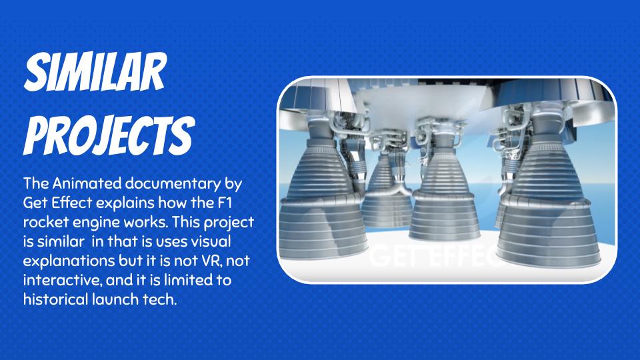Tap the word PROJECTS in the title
point(109,135)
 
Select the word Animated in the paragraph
point(87,183)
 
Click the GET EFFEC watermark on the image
point(437,256)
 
